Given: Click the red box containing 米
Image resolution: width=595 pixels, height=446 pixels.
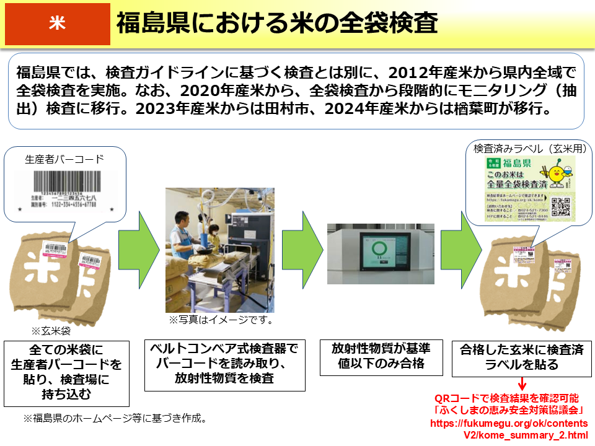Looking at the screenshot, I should (57, 23).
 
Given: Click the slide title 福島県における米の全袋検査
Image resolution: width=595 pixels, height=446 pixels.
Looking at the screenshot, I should (277, 24).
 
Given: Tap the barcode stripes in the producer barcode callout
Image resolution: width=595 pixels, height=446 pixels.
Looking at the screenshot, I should (64, 183).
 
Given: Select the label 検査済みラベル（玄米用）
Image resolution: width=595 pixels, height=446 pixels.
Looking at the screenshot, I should (529, 149).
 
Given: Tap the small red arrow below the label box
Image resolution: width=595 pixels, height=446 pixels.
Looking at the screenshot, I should (522, 385).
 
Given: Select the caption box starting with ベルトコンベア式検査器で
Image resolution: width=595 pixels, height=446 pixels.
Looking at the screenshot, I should (224, 364).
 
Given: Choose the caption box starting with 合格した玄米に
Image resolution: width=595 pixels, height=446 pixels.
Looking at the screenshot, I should (522, 357).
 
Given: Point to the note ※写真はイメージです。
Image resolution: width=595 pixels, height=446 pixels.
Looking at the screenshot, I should (221, 321).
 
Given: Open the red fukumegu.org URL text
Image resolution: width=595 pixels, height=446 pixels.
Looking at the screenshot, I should (509, 429).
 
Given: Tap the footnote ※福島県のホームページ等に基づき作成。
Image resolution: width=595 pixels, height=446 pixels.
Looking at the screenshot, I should (115, 418).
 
